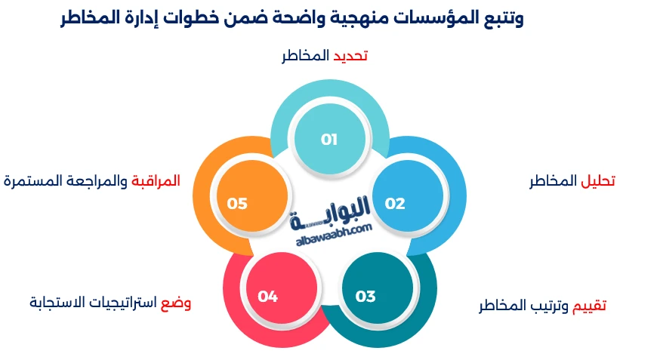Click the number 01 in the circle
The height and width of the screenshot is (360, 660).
[x=329, y=140]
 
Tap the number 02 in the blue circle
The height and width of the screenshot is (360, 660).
[x=395, y=204]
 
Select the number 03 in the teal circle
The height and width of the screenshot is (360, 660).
[x=365, y=297]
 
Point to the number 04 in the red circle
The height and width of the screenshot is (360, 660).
[x=268, y=297]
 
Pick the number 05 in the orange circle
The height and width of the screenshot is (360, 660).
[x=237, y=204]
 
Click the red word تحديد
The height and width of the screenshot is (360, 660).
[x=351, y=57]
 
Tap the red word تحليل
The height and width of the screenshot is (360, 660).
[x=598, y=182]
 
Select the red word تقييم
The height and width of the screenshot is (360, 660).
[x=589, y=306]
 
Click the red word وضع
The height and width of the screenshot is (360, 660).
[x=176, y=303]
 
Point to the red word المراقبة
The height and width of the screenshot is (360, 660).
[x=156, y=181]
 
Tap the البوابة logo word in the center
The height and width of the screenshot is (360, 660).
[x=335, y=209]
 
